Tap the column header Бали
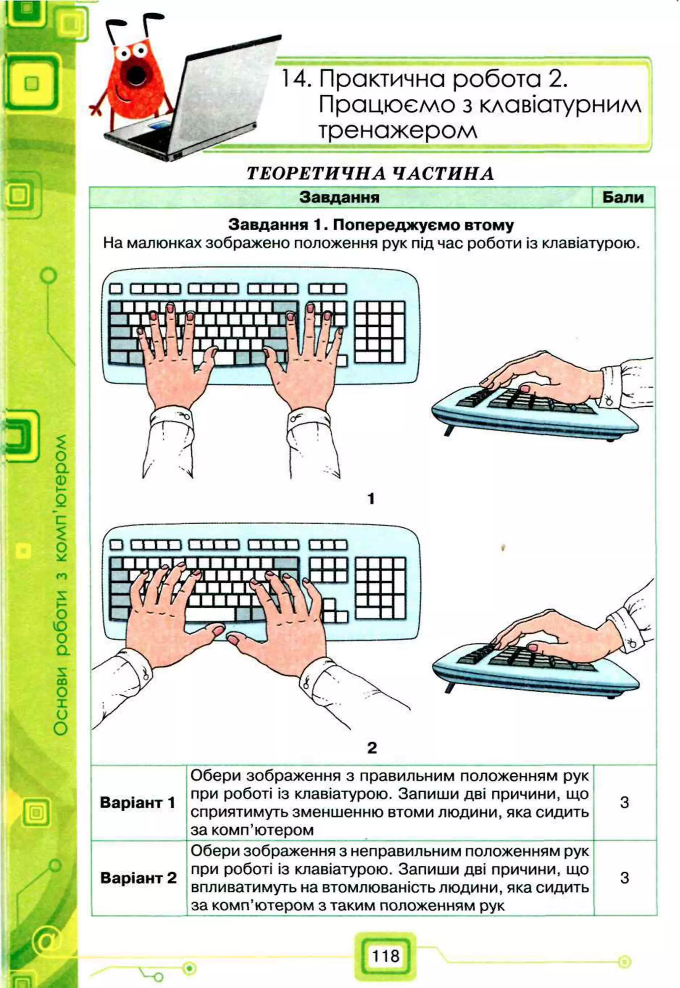tap(623, 198)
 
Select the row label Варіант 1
tap(137, 803)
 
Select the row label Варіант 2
tap(138, 878)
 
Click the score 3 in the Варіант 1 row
tap(624, 803)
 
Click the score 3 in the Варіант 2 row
tap(624, 878)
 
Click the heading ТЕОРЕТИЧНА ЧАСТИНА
tap(370, 173)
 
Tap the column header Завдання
tap(340, 198)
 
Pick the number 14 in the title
tap(294, 80)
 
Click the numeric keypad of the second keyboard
tap(381, 588)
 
